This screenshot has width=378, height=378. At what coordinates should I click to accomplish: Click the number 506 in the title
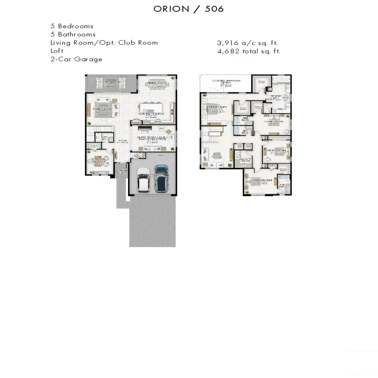click(x=214, y=9)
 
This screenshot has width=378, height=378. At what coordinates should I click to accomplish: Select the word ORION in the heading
click(x=171, y=9)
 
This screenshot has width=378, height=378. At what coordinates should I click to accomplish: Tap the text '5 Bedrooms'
click(x=72, y=26)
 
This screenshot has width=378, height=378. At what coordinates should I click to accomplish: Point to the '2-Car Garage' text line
click(x=76, y=60)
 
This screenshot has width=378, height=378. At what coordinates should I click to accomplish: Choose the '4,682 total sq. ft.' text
click(x=249, y=51)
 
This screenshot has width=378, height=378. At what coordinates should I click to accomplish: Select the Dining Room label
click(x=157, y=83)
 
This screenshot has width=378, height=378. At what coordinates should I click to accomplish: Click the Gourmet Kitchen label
click(x=152, y=114)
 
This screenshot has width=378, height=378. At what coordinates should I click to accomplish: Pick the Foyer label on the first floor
click(x=122, y=140)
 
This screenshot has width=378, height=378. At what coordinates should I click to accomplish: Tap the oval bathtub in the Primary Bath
click(x=285, y=100)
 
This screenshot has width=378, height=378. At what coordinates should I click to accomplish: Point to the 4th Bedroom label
click(x=260, y=181)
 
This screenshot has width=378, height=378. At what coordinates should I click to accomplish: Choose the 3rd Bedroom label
click(x=275, y=150)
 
